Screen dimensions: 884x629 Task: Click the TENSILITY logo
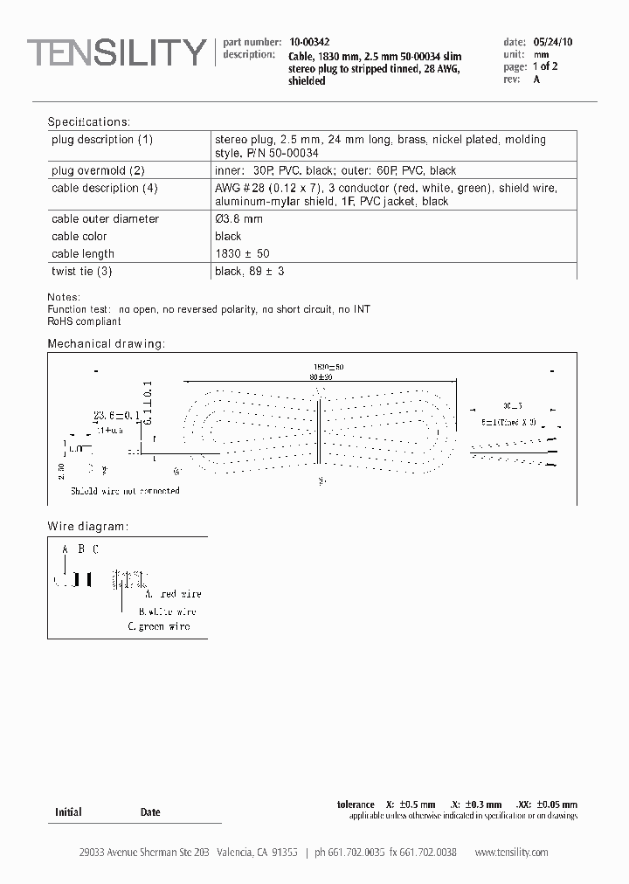(116, 53)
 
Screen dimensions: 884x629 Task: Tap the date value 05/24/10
(552, 42)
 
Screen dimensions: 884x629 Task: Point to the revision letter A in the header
(536, 79)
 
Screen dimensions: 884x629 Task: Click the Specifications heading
(88, 121)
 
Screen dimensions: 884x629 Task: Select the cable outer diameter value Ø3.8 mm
(238, 219)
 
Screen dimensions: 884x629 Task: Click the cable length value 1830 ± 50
(242, 254)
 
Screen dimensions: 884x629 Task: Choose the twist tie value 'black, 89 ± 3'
(249, 272)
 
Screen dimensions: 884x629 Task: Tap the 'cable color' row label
(79, 237)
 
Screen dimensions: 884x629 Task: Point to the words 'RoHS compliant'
(84, 321)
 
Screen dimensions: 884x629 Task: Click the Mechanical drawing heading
(106, 343)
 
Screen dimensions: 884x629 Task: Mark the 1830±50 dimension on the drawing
(328, 367)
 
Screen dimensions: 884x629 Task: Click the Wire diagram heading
(87, 527)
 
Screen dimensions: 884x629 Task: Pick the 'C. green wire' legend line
(159, 626)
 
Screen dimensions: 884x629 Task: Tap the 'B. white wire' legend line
(168, 611)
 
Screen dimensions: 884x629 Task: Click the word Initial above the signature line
(68, 812)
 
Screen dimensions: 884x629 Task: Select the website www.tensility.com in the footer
(511, 853)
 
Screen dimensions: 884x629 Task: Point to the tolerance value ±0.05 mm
(557, 805)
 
